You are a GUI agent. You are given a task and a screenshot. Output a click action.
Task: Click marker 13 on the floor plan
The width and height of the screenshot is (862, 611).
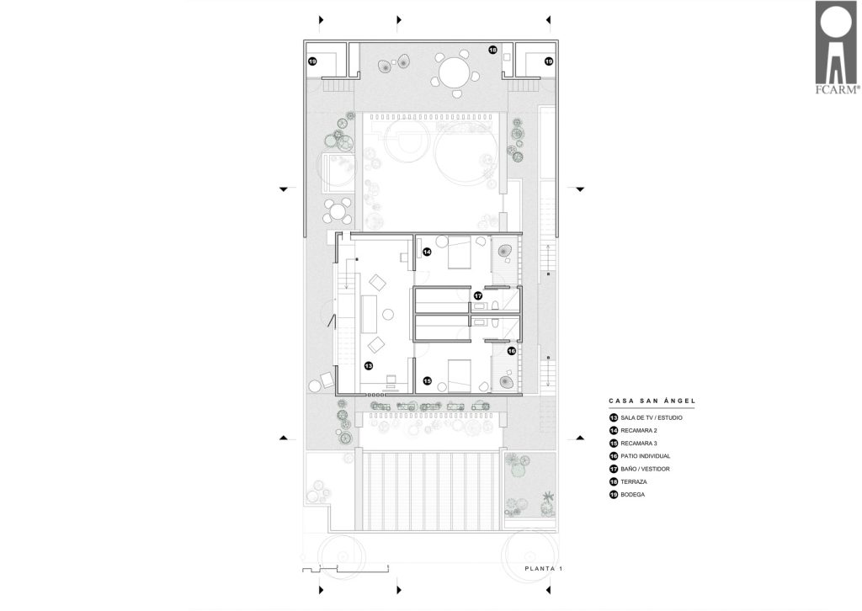[369, 365]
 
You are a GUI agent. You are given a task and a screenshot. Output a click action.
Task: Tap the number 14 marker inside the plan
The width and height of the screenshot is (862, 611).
[427, 252]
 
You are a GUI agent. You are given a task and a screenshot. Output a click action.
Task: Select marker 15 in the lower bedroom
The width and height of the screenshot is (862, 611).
[427, 380]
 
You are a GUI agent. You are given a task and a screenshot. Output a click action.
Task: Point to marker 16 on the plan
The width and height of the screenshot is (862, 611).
[511, 351]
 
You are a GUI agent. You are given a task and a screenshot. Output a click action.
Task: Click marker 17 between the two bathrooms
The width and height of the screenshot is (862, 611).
[478, 295]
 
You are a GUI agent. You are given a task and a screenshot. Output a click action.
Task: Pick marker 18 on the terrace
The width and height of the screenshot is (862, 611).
[492, 50]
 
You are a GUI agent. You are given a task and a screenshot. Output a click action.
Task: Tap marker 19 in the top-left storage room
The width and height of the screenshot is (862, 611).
[312, 61]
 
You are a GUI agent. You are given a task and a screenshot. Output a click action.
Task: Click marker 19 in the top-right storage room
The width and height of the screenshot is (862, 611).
[549, 61]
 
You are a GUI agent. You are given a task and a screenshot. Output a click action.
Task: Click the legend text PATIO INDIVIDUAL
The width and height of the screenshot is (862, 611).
[646, 456]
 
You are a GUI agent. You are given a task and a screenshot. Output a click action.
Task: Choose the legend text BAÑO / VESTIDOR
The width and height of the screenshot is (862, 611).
[645, 470]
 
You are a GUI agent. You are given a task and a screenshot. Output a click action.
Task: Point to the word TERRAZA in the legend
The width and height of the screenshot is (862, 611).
[634, 482]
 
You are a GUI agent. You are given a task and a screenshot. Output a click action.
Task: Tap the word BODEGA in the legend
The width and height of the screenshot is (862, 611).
[633, 495]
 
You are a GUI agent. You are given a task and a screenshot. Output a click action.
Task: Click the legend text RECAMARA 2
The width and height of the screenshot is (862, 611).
[639, 431]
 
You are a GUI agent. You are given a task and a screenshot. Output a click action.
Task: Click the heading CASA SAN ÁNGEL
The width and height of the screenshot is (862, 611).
[652, 401]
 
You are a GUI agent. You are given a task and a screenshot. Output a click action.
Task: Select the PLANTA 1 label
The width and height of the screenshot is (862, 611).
[543, 569]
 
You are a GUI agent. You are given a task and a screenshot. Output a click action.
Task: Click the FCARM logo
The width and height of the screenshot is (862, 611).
[836, 48]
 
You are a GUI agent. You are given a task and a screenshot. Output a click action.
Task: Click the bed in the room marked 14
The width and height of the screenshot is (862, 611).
[460, 252]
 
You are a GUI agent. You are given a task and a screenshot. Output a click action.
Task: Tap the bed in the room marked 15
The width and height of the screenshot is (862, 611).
[460, 376]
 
